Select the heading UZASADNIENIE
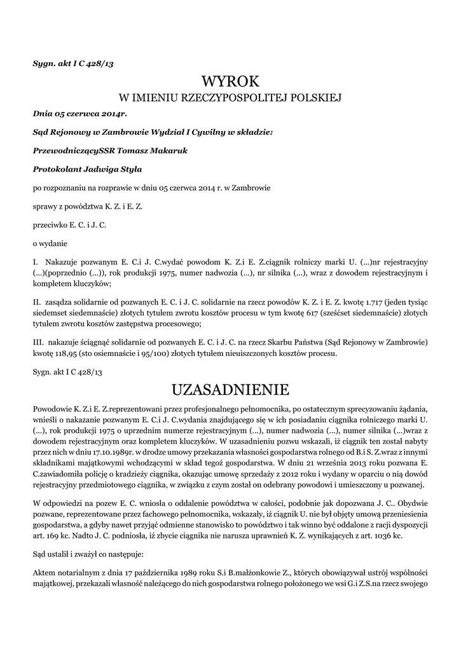pos(230,388)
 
